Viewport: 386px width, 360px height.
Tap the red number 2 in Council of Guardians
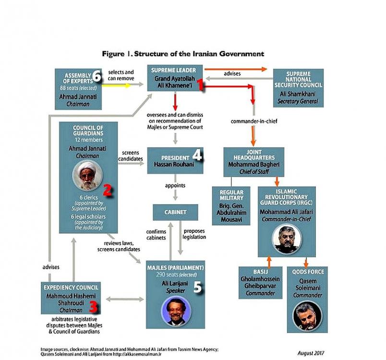[107, 191]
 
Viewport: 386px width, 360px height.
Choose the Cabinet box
[176, 212]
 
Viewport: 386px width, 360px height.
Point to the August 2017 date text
[311, 353]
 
